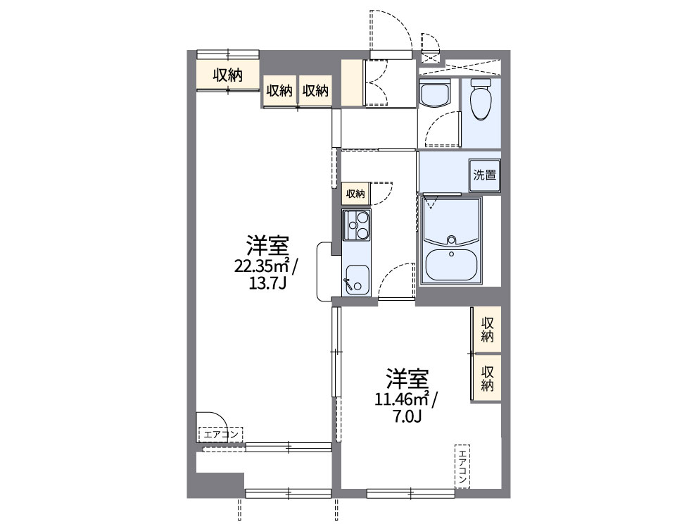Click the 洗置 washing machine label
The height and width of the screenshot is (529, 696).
point(485,175)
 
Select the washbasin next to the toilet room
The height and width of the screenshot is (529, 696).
point(434,94)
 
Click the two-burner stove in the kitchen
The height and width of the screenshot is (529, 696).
point(356,225)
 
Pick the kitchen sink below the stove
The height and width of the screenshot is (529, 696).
point(355,280)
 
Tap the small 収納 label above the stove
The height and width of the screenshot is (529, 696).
point(355,194)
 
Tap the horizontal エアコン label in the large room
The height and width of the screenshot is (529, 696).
point(220,434)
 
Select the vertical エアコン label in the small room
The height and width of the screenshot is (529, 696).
point(462,466)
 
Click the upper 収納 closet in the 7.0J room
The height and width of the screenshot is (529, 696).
point(487,329)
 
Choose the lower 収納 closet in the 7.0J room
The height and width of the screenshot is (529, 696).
point(487,377)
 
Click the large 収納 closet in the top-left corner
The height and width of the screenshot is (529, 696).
point(228,75)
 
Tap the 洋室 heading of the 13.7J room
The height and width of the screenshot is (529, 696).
point(267,247)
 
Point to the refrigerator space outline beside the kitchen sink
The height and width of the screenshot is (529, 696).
point(324,271)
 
